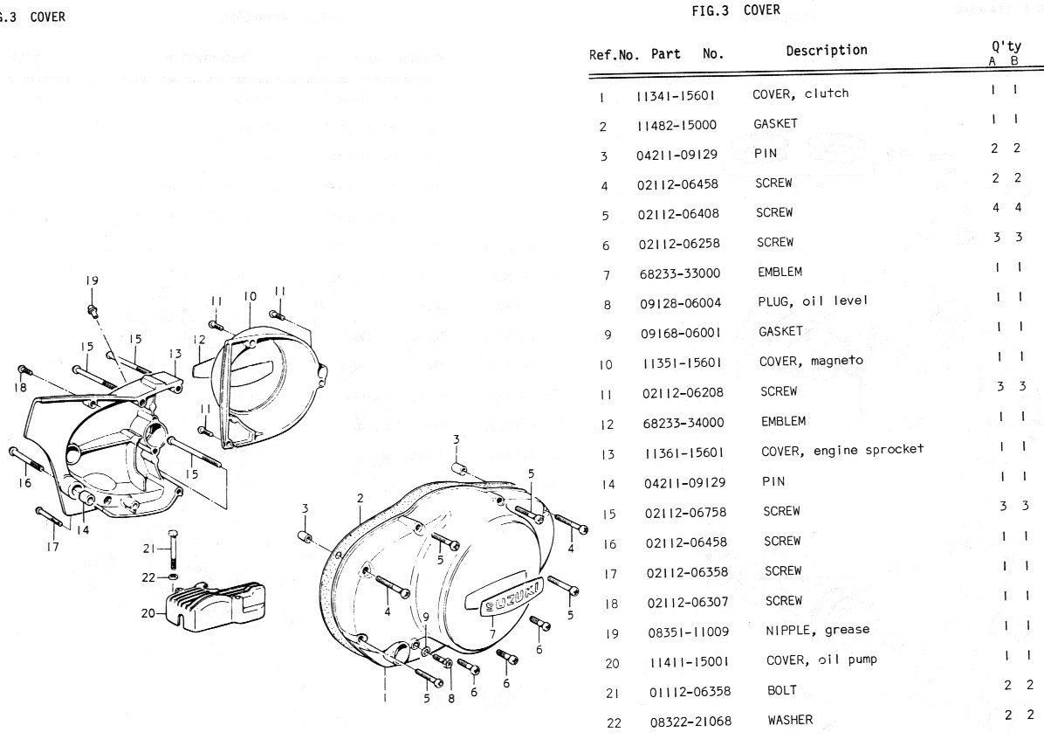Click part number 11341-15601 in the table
click(x=677, y=94)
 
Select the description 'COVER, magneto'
click(x=804, y=361)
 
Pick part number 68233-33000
click(x=678, y=273)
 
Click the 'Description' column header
click(x=826, y=51)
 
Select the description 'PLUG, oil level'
click(x=813, y=301)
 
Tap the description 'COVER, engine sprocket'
click(x=841, y=451)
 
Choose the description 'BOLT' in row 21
click(x=781, y=690)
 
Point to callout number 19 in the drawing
click(x=92, y=280)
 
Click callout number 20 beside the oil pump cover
click(x=147, y=613)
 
